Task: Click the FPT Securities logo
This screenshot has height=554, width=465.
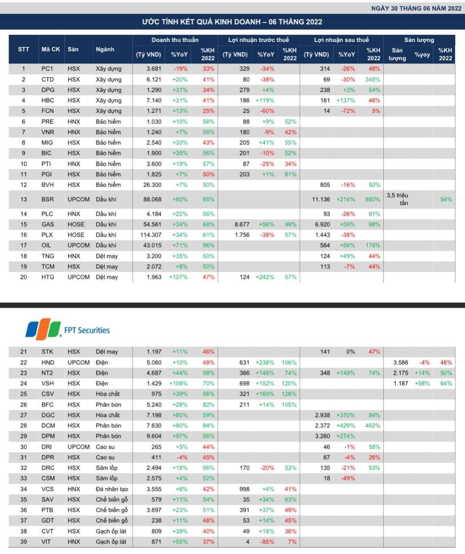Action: pyautogui.click(x=68, y=329)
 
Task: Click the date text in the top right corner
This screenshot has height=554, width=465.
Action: pyautogui.click(x=416, y=8)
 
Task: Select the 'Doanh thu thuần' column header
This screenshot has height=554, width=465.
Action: pyautogui.click(x=175, y=40)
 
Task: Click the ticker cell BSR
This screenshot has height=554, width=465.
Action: pyautogui.click(x=47, y=199)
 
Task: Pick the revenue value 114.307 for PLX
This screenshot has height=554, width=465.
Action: pyautogui.click(x=150, y=235)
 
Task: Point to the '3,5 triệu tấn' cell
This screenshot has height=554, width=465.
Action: pyautogui.click(x=397, y=199)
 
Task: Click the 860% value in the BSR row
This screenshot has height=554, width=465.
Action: pyautogui.click(x=372, y=199)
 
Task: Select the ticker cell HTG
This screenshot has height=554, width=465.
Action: pyautogui.click(x=48, y=277)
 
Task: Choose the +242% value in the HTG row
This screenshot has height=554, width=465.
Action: pyautogui.click(x=264, y=277)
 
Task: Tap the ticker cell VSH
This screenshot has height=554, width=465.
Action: pyautogui.click(x=47, y=384)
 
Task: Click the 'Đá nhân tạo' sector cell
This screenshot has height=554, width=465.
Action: pyautogui.click(x=112, y=489)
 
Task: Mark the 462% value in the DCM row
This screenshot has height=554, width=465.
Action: pyautogui.click(x=372, y=426)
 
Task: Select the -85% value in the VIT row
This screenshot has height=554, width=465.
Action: pyautogui.click(x=267, y=542)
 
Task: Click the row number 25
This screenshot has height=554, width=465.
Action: pyautogui.click(x=23, y=394)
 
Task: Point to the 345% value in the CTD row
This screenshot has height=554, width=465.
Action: pyautogui.click(x=372, y=79)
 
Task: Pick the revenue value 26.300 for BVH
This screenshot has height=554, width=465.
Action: pyautogui.click(x=152, y=185)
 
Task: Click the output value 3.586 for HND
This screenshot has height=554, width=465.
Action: pyautogui.click(x=401, y=362)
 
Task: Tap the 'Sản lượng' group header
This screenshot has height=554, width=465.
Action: pyautogui.click(x=419, y=40)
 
